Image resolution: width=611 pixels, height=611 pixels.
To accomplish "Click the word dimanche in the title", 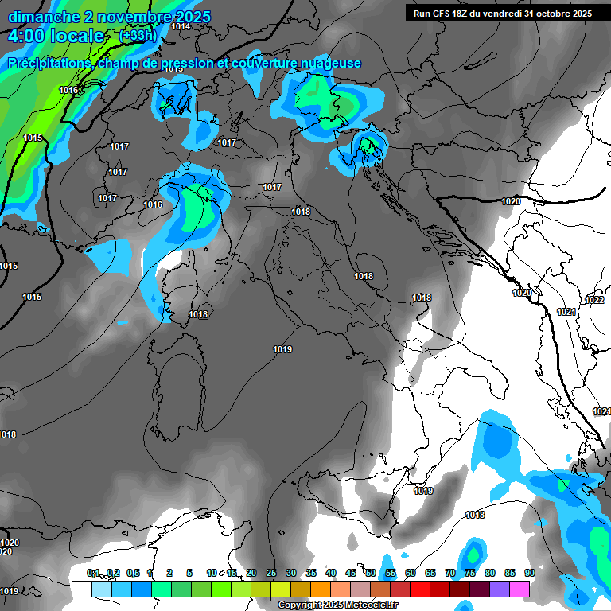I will pyautogui.click(x=43, y=17).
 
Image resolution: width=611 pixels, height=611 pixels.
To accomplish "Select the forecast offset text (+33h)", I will pyautogui.click(x=138, y=36).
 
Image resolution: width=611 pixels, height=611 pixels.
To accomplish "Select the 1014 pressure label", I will pyautogui.click(x=181, y=26).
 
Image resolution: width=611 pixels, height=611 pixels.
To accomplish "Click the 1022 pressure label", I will pyautogui.click(x=593, y=300).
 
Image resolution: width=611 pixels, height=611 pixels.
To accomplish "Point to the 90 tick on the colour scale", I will pyautogui.click(x=529, y=573).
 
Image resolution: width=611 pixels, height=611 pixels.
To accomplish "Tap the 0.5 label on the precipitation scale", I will pyautogui.click(x=133, y=573).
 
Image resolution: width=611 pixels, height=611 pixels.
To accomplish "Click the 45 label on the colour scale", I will pyautogui.click(x=351, y=573).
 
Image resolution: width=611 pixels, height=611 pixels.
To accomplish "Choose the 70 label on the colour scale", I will pyautogui.click(x=450, y=573).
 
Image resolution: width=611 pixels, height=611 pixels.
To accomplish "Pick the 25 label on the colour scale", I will pyautogui.click(x=271, y=573).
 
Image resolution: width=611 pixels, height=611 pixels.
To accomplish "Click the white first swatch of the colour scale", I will pyautogui.click(x=81, y=589).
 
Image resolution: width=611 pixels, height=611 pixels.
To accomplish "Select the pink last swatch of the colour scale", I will pyautogui.click(x=520, y=589).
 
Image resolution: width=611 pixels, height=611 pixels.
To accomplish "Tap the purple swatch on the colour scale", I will pyautogui.click(x=500, y=589).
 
